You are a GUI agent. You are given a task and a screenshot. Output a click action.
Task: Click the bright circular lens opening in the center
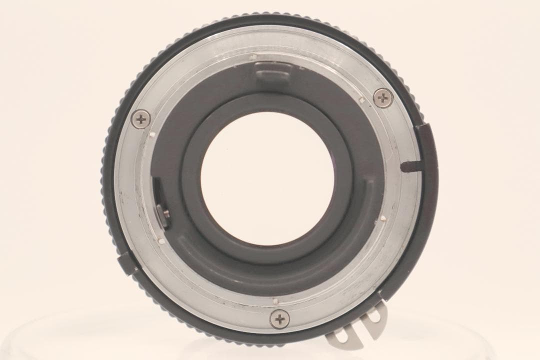[x=267, y=178]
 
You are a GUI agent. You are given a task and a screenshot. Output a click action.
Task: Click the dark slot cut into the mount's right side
[x=411, y=164]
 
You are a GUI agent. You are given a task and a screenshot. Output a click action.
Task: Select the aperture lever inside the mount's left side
[x=159, y=200]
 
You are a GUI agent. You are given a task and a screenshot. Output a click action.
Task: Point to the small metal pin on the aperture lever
[x=165, y=213]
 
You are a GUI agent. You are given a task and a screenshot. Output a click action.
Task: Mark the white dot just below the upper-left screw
[x=150, y=134]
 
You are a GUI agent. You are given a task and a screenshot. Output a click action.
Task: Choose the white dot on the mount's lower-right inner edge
[x=381, y=218]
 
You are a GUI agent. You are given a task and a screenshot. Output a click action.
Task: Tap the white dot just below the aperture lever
[x=161, y=241]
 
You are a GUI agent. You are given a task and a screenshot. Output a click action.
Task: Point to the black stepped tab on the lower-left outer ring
[x=126, y=263]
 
